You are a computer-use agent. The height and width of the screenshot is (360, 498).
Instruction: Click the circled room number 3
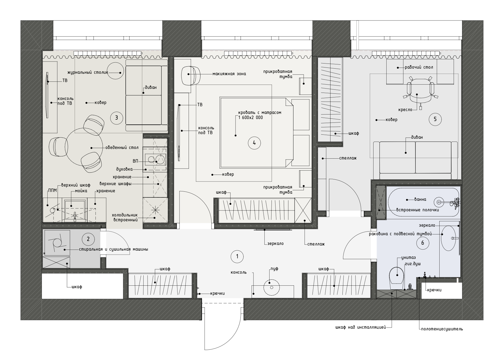[116, 118]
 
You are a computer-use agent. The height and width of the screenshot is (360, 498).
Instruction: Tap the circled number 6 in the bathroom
[423, 243]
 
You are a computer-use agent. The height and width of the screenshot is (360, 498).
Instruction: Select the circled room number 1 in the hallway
[237, 257]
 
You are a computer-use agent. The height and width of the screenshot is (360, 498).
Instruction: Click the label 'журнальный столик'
[88, 72]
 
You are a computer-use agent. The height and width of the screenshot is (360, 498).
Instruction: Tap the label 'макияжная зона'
[229, 74]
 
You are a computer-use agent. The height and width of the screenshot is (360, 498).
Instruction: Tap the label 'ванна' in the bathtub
[420, 199]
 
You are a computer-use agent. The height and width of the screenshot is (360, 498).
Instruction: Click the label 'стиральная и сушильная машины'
[113, 249]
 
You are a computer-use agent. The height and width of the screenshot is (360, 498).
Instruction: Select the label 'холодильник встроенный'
[125, 217]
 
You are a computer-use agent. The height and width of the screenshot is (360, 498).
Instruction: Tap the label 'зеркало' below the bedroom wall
[275, 244]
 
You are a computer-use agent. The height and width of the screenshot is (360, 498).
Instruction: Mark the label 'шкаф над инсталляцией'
[360, 328]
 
